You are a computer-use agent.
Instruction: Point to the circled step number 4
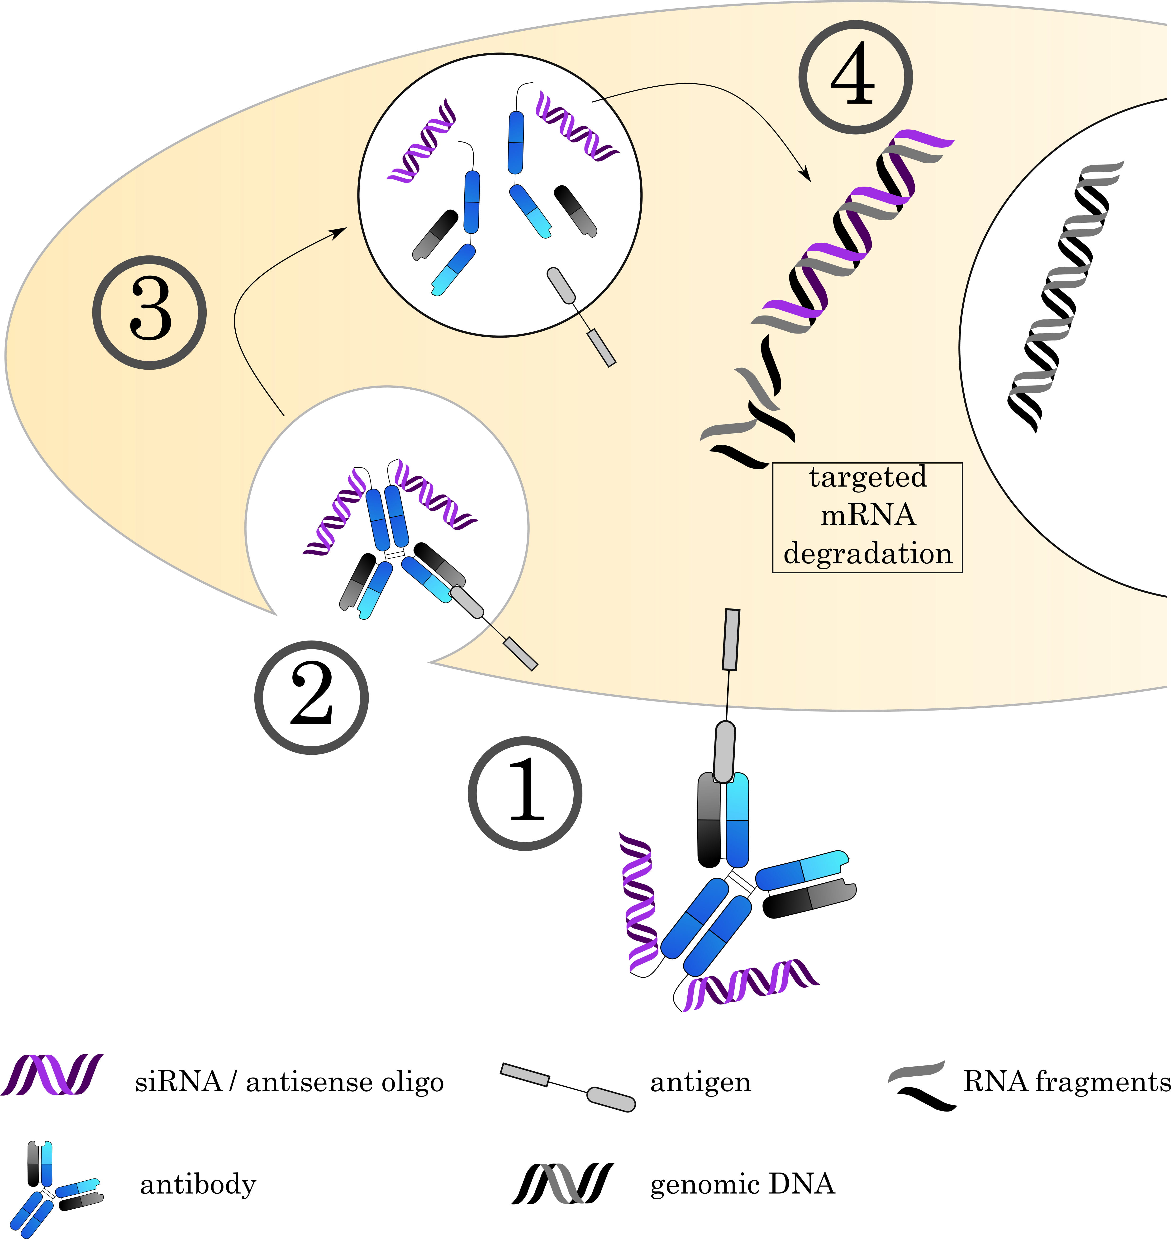coord(855,78)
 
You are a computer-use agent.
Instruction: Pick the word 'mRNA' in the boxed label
coord(868,515)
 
